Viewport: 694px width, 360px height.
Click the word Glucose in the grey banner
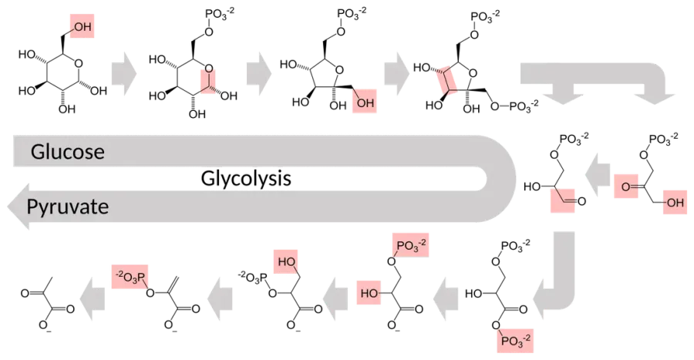(x=68, y=152)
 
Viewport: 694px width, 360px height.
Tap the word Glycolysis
(x=246, y=179)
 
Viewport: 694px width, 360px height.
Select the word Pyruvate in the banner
(x=68, y=207)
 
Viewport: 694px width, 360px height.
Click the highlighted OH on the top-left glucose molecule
(x=82, y=26)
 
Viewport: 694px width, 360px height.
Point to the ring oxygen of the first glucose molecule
(x=79, y=64)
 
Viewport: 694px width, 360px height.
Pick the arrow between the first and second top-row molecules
(x=124, y=73)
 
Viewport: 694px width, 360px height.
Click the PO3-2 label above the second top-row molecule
(x=220, y=14)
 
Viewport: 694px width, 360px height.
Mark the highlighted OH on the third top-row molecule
(x=365, y=102)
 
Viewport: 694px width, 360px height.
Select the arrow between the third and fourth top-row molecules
(x=396, y=73)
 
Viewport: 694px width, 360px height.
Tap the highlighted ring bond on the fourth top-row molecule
(x=446, y=80)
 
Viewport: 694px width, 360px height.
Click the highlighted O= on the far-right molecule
(x=626, y=187)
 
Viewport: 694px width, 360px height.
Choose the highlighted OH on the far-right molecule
(x=675, y=202)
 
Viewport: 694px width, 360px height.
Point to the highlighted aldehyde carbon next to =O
(x=563, y=200)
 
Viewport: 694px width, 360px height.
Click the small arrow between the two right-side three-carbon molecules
(x=598, y=175)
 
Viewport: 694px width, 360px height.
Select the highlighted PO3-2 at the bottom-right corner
(x=515, y=341)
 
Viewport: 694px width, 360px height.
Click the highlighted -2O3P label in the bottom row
(x=130, y=277)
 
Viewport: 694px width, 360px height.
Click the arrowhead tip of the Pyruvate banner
(x=8, y=207)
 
